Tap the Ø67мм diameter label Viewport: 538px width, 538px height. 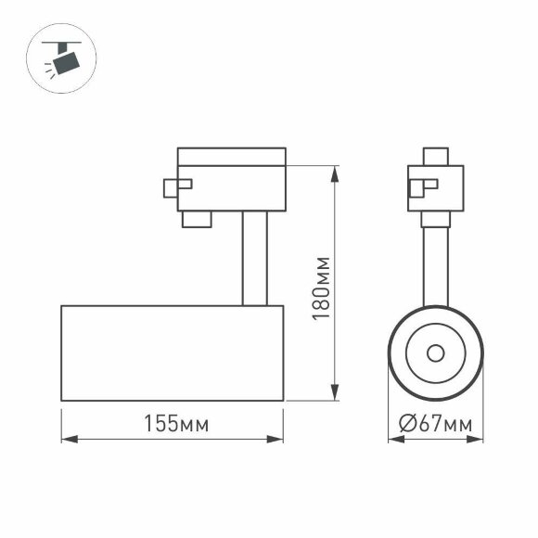pos(435,425)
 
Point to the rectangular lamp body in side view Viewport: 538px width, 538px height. pos(172,352)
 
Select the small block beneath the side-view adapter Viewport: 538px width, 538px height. pos(197,219)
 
